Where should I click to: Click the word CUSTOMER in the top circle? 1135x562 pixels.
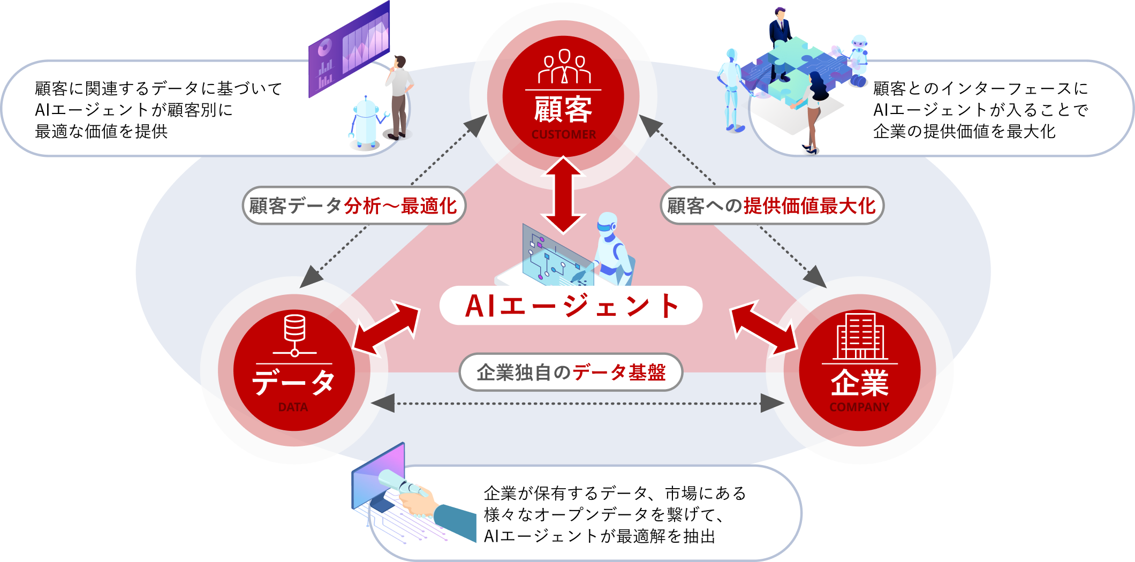pyautogui.click(x=563, y=134)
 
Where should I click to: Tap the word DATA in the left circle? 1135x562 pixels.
pyautogui.click(x=293, y=407)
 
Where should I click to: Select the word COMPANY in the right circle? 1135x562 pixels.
pyautogui.click(x=859, y=407)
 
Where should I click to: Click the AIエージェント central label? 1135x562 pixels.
pyautogui.click(x=571, y=306)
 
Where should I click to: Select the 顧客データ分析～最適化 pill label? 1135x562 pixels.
pyautogui.click(x=353, y=206)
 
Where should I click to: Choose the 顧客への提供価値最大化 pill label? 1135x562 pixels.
pyautogui.click(x=771, y=206)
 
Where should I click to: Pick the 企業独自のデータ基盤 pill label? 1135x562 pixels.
pyautogui.click(x=571, y=372)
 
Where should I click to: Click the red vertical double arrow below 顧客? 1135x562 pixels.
pyautogui.click(x=563, y=195)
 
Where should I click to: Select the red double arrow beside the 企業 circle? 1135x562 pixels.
pyautogui.click(x=764, y=328)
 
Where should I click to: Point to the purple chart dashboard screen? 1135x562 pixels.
pyautogui.click(x=349, y=51)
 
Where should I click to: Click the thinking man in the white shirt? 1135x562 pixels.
pyautogui.click(x=399, y=96)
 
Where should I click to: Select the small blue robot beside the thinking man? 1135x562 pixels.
pyautogui.click(x=366, y=122)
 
